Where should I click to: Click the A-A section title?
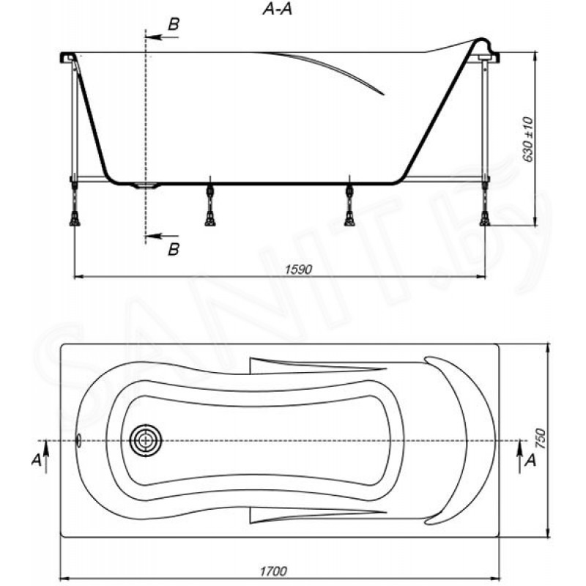(278, 10)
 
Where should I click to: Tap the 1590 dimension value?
(298, 269)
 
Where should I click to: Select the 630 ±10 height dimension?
(527, 139)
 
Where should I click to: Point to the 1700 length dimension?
(273, 571)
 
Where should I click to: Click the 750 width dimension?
(541, 439)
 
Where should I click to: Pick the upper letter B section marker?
(174, 24)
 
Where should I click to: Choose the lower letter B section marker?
(174, 249)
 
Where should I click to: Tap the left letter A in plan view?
(36, 460)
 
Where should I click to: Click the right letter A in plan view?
(530, 461)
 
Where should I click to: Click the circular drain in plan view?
(145, 441)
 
